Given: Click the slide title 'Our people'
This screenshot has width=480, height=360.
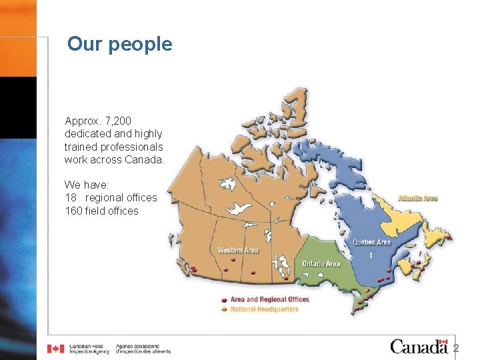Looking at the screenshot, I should (x=119, y=44).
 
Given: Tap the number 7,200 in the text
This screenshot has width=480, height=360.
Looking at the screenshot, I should (x=117, y=121).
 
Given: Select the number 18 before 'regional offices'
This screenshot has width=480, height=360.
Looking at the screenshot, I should (x=70, y=198).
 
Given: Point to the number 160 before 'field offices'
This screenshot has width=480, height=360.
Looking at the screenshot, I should (x=73, y=211).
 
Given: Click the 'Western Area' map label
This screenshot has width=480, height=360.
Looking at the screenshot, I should (x=238, y=251).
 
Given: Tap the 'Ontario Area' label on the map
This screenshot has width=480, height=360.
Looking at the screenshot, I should (x=321, y=263).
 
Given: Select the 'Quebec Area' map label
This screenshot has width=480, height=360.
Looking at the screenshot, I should (x=371, y=242).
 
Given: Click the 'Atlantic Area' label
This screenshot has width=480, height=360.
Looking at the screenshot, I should (x=418, y=198).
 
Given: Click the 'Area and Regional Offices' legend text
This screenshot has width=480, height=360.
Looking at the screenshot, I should (x=270, y=300).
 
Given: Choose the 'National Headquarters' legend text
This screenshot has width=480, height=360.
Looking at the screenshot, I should (x=264, y=309).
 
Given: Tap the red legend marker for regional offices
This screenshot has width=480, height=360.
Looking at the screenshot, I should (x=225, y=300).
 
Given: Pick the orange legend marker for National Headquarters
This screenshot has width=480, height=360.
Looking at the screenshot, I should (x=225, y=309).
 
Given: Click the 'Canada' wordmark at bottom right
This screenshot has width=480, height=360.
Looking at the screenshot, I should (x=419, y=346).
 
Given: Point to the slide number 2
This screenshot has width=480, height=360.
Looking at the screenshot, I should (x=456, y=348).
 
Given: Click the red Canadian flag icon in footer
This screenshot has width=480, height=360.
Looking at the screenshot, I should (x=56, y=349).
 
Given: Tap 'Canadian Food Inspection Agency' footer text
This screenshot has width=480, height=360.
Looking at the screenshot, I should (x=89, y=349).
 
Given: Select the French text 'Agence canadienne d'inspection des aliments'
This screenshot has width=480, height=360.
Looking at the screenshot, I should (x=143, y=349).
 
